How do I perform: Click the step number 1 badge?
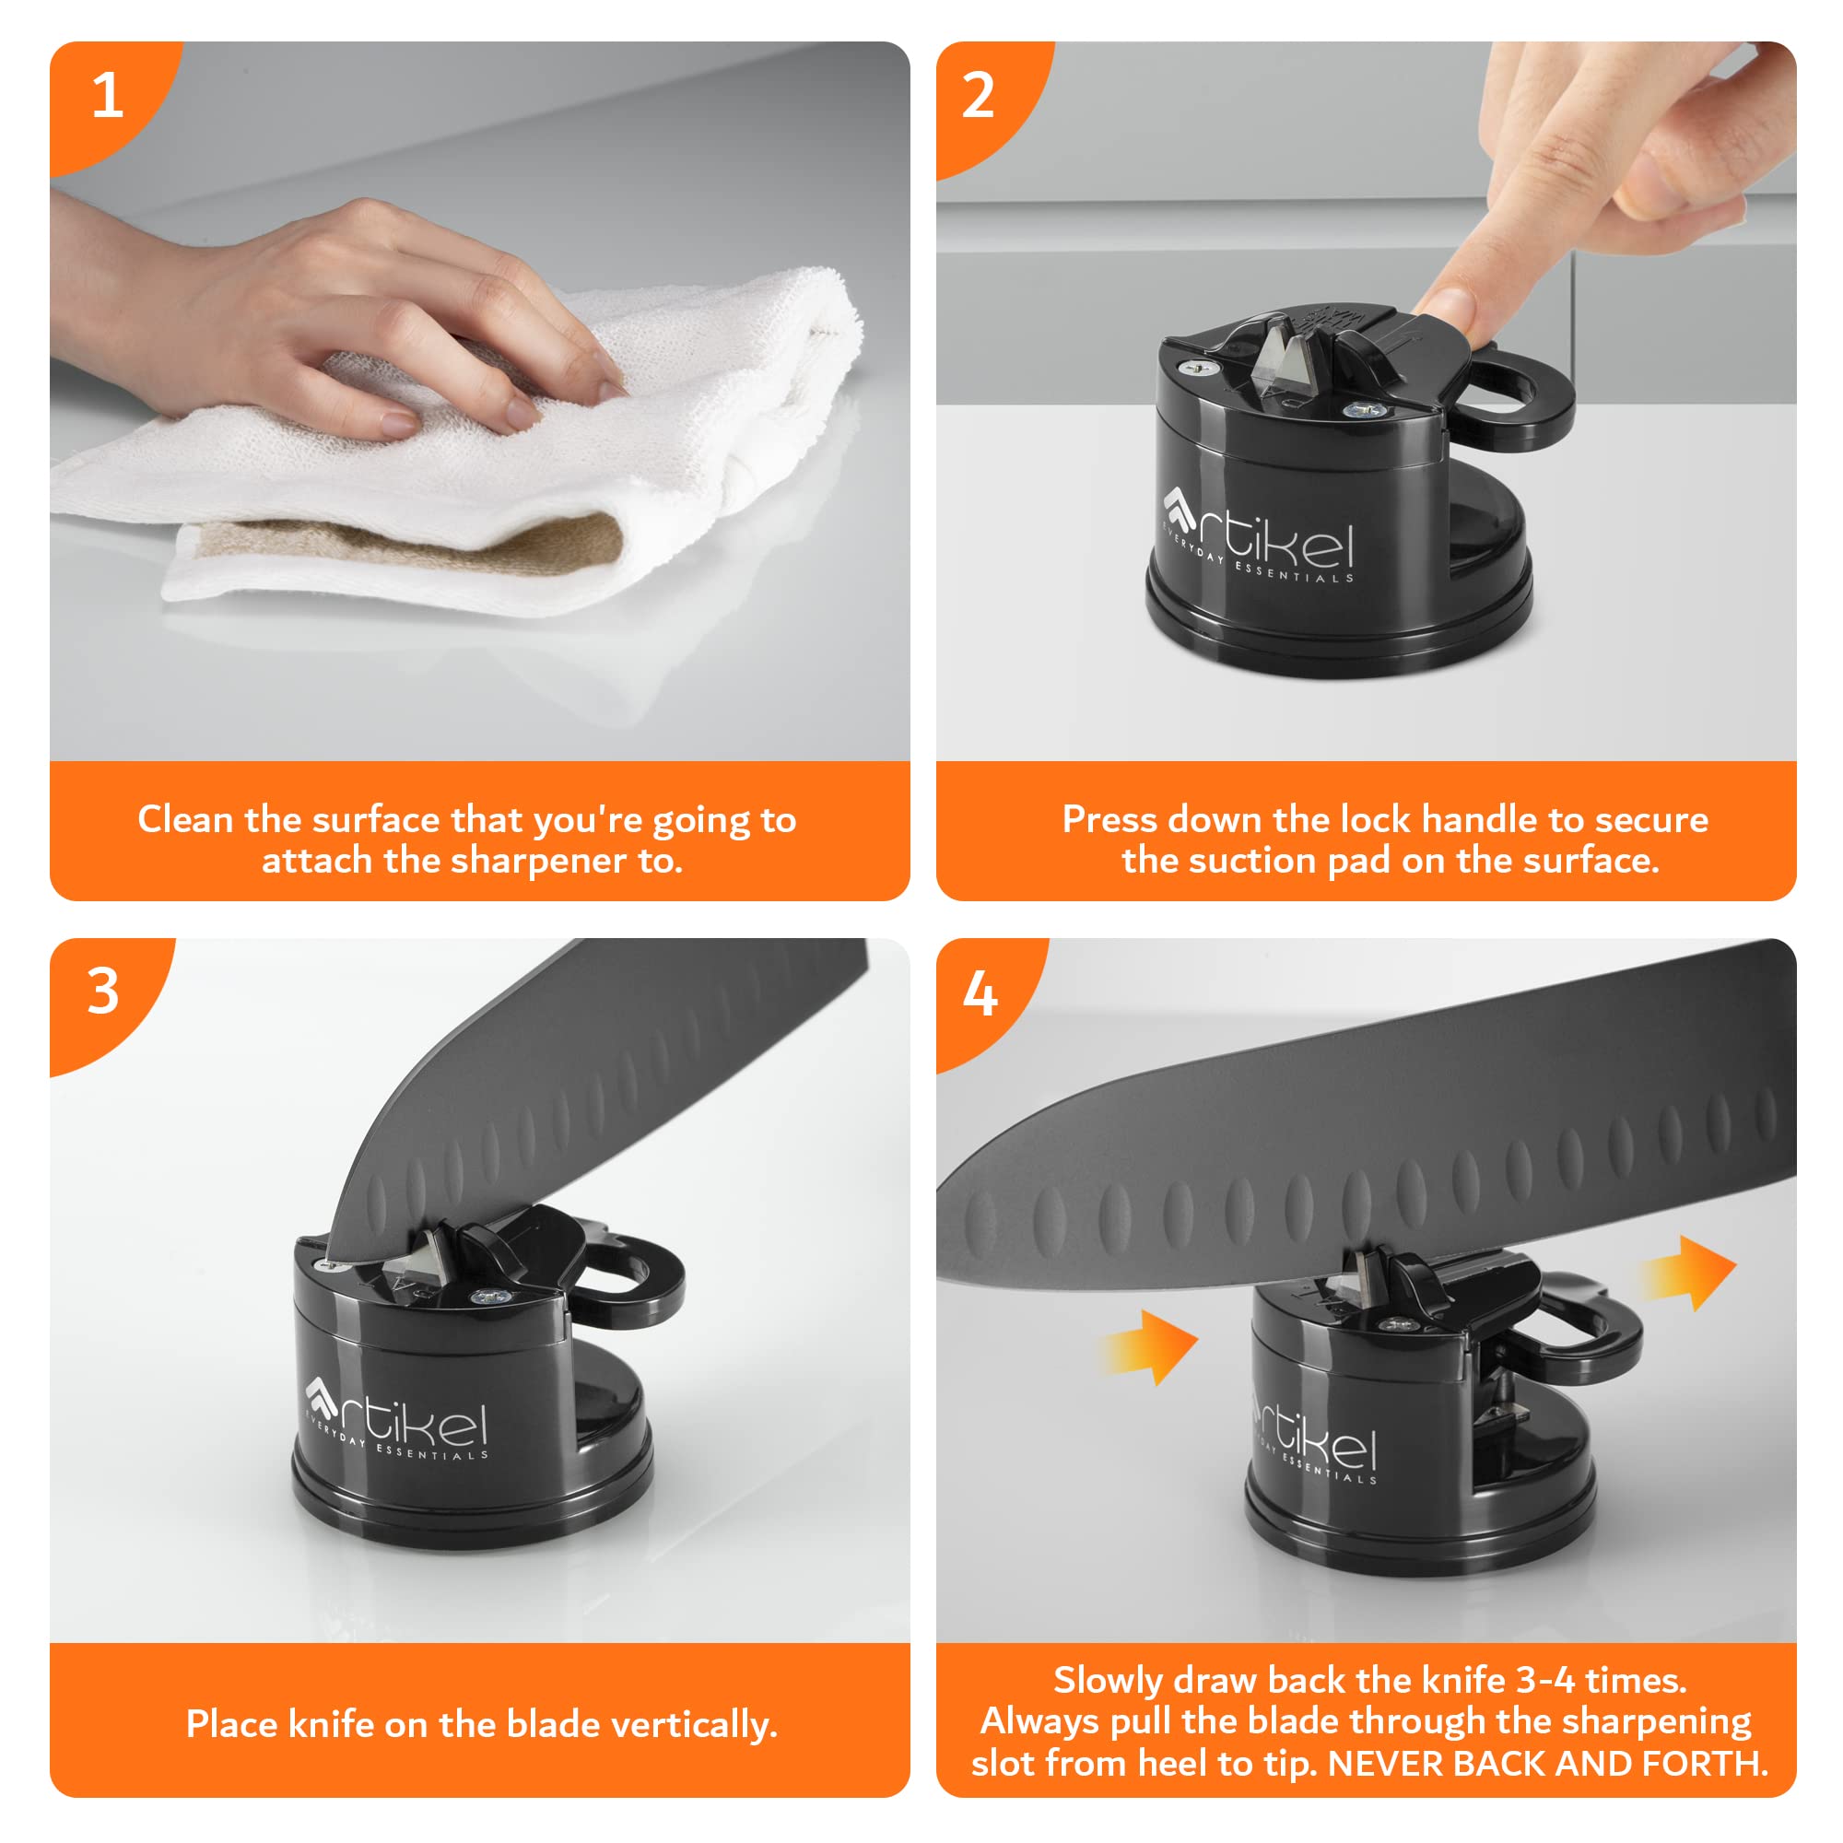tap(107, 96)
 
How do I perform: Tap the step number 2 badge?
tap(979, 96)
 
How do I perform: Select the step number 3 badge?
tap(103, 992)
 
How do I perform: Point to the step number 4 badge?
tap(980, 994)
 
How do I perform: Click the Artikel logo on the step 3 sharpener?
tap(396, 1418)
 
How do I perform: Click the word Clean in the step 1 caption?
tap(186, 819)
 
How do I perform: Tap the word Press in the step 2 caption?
tap(1110, 819)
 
